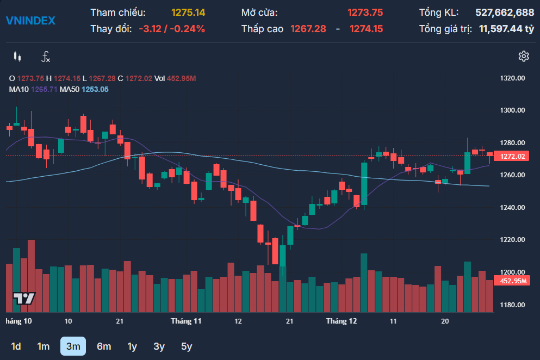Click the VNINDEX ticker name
(30, 21)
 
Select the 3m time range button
(73, 346)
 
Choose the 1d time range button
(16, 346)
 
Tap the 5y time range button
(187, 346)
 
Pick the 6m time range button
(104, 346)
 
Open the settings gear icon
(524, 56)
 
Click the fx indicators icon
(46, 56)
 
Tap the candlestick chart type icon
(17, 56)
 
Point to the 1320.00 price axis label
(512, 78)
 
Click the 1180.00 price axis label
(512, 305)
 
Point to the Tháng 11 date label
(186, 321)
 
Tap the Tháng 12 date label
(342, 321)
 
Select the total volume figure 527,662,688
(505, 12)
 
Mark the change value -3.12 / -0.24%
(172, 29)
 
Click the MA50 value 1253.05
(95, 89)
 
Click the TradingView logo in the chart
(24, 299)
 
